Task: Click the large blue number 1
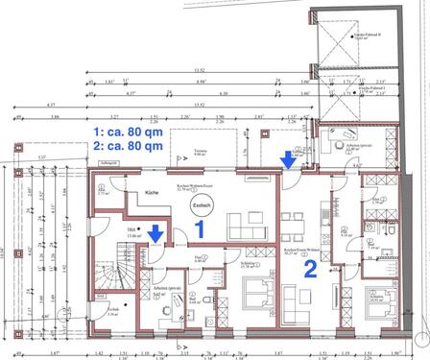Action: (x=200, y=229)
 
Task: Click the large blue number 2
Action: (x=310, y=269)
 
